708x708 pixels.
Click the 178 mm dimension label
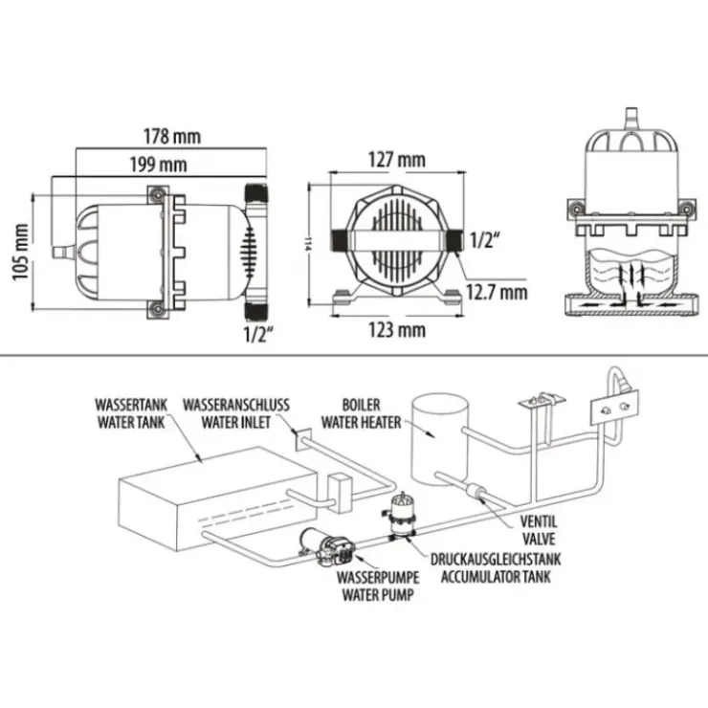tap(172, 136)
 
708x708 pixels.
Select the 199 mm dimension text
tap(159, 165)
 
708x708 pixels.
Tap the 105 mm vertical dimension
tap(21, 252)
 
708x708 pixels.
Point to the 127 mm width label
tap(397, 160)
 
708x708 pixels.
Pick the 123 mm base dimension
tap(397, 330)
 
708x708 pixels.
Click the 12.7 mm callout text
tap(497, 292)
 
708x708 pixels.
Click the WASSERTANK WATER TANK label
tap(131, 413)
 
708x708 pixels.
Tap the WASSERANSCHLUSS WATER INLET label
tap(235, 413)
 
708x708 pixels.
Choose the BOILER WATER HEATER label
tap(361, 413)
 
